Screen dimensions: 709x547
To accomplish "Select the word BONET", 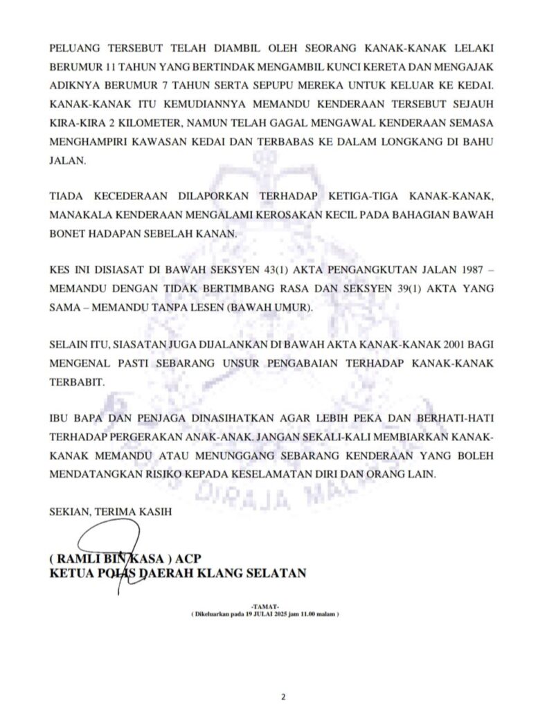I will click(68, 234).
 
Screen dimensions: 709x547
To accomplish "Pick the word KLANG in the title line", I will click(229, 574).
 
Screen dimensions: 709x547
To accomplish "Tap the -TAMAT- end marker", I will click(266, 607).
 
